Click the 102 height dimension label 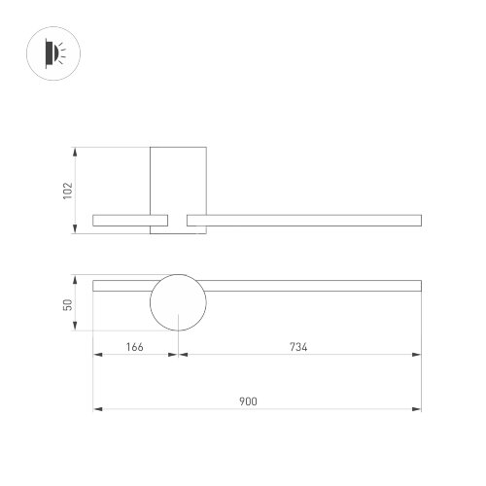(67, 191)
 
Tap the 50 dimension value (67, 304)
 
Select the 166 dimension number (134, 346)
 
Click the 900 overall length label (257, 399)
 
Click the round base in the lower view (177, 303)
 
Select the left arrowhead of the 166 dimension (96, 355)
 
